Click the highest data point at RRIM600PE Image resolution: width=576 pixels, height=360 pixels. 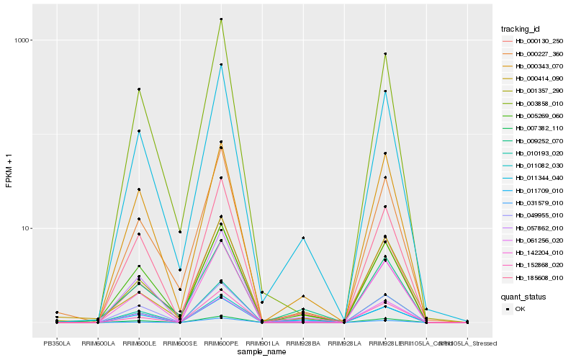click(x=221, y=19)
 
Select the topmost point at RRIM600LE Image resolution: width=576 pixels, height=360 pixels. click(x=139, y=89)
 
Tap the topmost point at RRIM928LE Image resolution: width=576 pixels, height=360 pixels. click(x=385, y=54)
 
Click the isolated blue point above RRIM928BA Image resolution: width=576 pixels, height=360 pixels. click(x=303, y=238)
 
